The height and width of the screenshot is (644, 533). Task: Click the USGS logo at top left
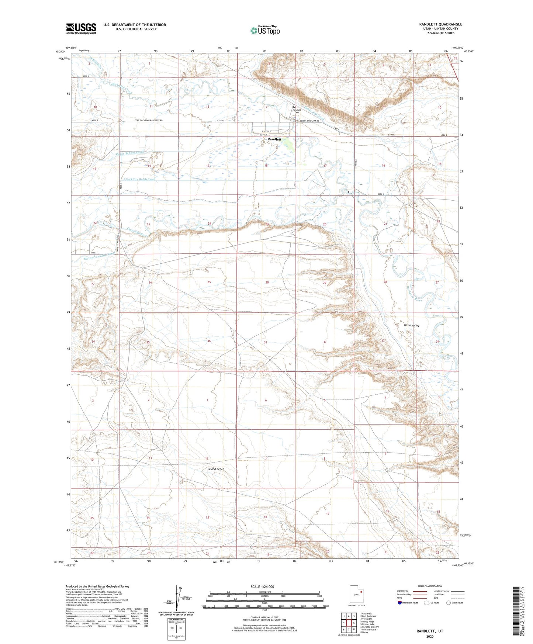point(81,28)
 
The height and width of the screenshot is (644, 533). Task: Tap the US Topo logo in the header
point(264,30)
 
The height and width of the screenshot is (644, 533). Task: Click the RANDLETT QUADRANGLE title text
point(440,24)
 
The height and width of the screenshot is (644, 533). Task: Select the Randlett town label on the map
point(274,139)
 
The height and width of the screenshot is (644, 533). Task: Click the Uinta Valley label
point(412,325)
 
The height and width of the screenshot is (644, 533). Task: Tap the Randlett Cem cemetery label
point(297,111)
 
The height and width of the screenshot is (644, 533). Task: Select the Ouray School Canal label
point(129,153)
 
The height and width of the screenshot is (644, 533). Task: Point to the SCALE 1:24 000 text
point(262,586)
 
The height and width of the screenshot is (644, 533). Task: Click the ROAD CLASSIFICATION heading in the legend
point(430,586)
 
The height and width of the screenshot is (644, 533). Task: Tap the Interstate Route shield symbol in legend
point(400,603)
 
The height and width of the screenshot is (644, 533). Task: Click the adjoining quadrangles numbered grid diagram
point(349,623)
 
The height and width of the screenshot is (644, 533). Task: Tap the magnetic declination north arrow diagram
point(178,600)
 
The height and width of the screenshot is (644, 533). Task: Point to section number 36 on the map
point(209,341)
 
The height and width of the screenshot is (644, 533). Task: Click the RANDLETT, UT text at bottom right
point(430,631)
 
